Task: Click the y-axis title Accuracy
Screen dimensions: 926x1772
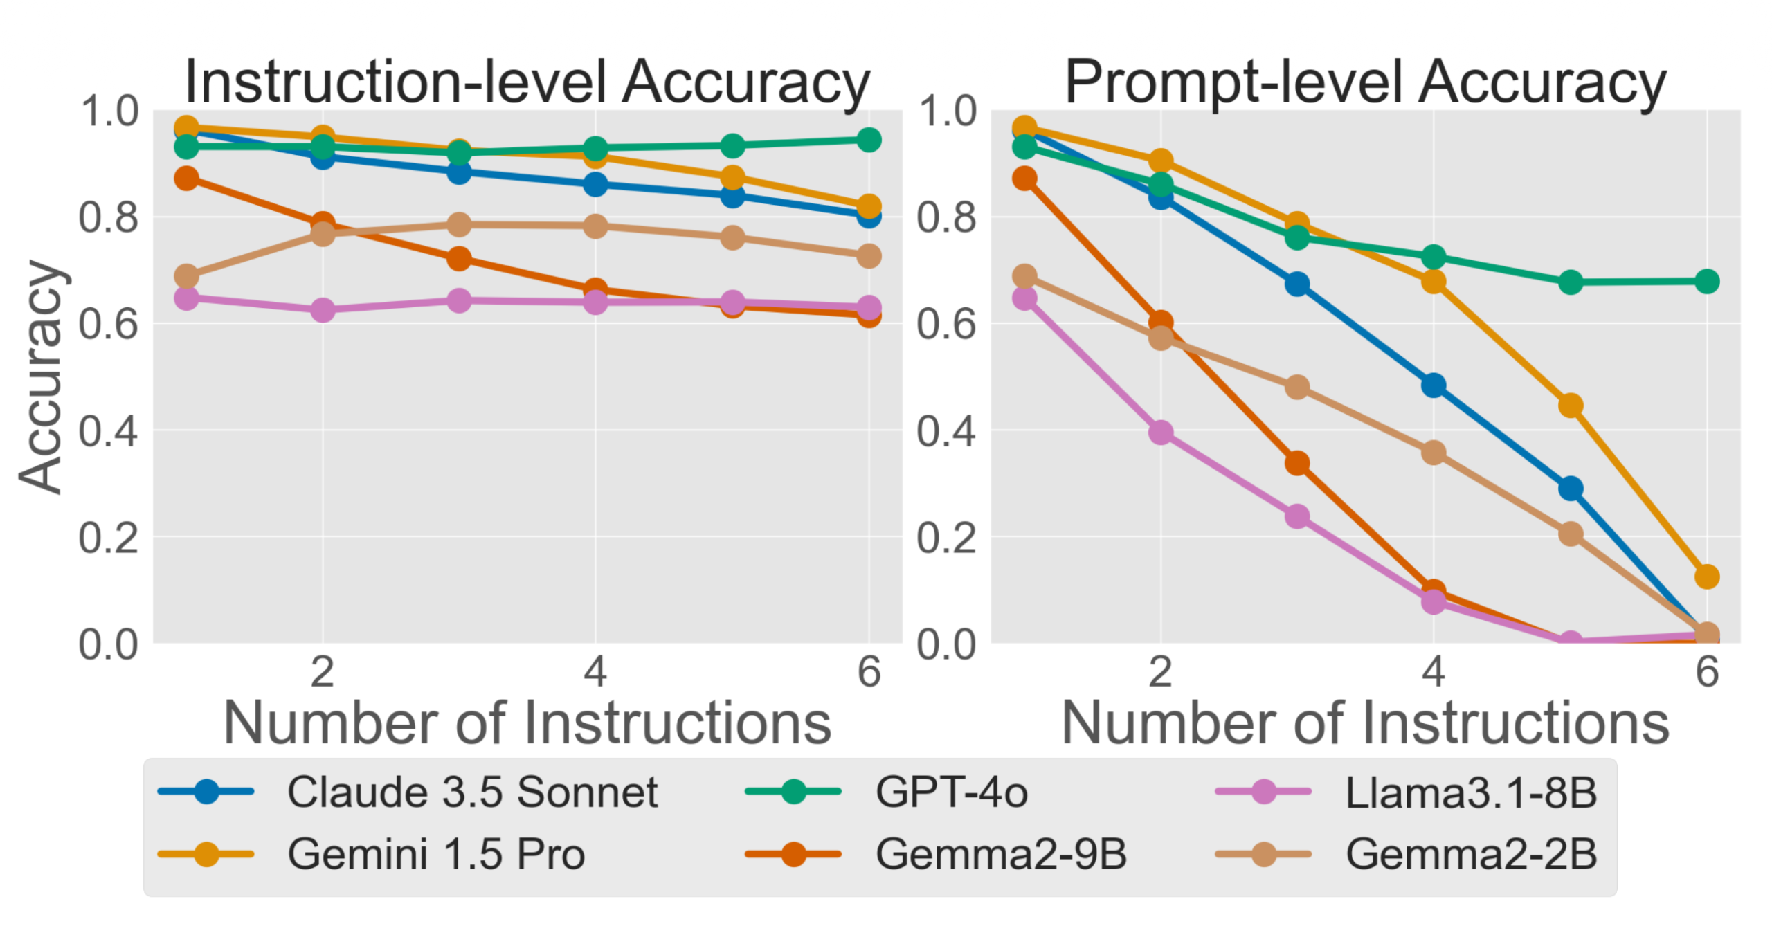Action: [42, 377]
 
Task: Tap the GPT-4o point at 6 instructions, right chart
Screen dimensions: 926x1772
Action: [1706, 281]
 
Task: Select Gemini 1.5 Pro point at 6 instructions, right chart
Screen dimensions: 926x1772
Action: [1706, 576]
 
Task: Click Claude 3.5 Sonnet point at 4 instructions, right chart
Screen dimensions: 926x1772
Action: [1433, 385]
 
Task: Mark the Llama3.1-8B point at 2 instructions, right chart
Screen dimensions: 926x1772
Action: [1160, 433]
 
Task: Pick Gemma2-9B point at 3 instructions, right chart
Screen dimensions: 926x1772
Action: [1296, 462]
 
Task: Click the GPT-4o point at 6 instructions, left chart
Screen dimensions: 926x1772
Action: [869, 140]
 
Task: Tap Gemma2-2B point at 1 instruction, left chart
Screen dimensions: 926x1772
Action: [186, 277]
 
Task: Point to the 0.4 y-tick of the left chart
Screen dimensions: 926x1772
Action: [107, 430]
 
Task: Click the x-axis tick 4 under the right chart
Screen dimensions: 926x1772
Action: [1433, 671]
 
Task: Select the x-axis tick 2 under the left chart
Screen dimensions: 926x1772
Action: [322, 671]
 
